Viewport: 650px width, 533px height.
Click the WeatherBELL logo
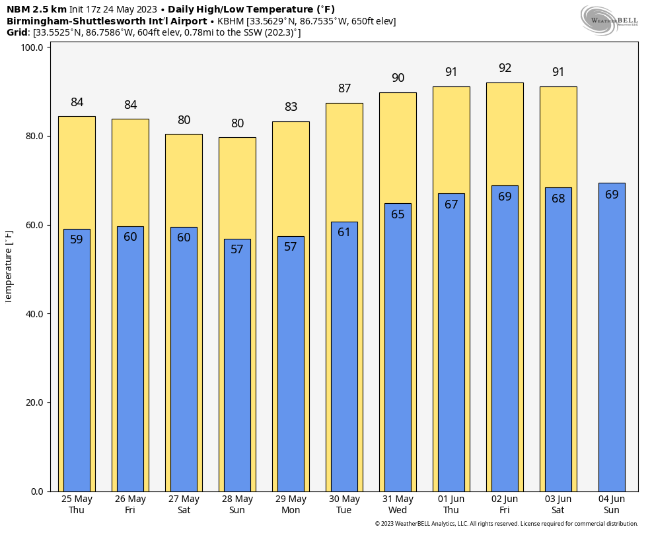click(609, 20)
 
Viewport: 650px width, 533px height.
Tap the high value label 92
click(505, 68)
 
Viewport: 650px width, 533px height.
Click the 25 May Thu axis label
click(77, 504)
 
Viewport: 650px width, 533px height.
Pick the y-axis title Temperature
click(9, 266)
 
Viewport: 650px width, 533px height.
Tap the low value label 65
click(398, 214)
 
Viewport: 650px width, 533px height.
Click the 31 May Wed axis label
click(398, 504)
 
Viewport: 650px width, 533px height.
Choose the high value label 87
click(344, 88)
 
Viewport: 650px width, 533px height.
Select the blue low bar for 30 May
click(344, 356)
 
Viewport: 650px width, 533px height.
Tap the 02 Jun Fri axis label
click(505, 504)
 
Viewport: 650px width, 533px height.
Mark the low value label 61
click(344, 232)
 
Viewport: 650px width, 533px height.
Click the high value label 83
click(291, 107)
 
